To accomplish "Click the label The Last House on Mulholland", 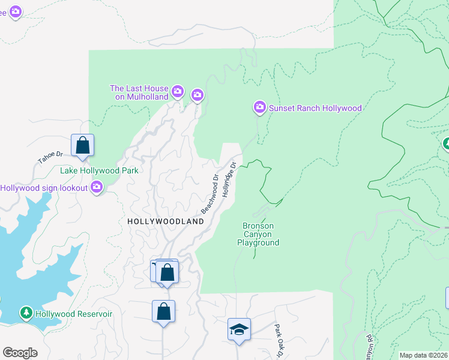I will [139, 92].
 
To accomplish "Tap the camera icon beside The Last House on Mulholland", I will [177, 91].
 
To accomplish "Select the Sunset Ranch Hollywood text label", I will [315, 109].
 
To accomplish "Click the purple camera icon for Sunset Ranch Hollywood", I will [260, 107].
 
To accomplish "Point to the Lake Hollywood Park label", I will [99, 170].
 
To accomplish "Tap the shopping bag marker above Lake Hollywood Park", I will [82, 145].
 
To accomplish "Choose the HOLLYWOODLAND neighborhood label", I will [166, 221].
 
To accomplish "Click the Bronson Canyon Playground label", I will [258, 235].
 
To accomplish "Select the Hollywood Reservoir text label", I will [74, 313].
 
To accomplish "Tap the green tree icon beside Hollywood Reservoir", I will [26, 313].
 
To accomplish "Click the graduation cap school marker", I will [239, 329].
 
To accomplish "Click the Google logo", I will [20, 353].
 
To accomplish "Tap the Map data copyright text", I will [423, 355].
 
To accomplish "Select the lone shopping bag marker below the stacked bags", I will [163, 311].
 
